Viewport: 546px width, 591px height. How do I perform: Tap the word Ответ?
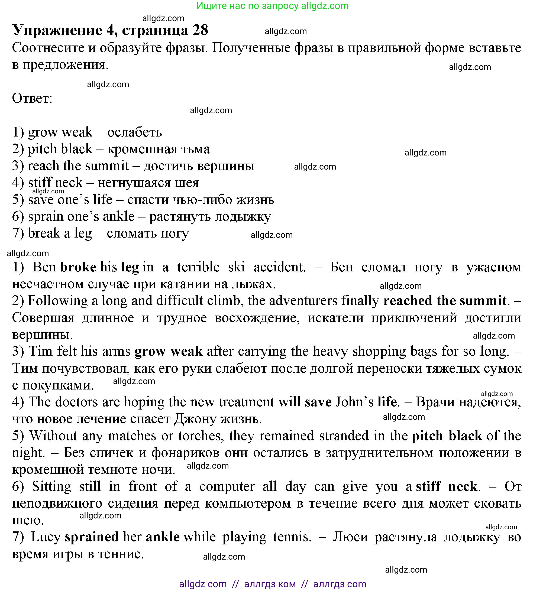pos(32,98)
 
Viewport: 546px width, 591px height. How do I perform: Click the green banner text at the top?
pos(272,6)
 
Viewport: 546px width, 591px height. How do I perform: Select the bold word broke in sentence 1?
pos(78,267)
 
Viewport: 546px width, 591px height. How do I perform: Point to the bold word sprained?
pos(92,537)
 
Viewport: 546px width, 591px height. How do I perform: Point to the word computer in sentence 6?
pos(227,486)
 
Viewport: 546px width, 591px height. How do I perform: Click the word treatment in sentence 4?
pos(246,402)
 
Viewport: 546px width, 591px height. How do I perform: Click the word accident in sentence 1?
pos(279,267)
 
